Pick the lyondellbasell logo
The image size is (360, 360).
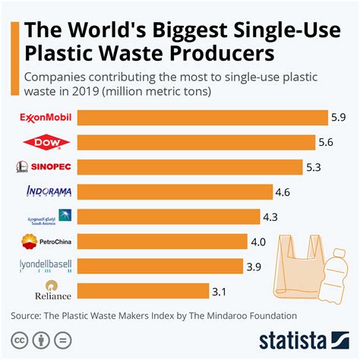(45, 266)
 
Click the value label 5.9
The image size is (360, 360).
(339, 118)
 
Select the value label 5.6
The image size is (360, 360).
(327, 142)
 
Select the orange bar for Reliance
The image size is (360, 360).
(144, 291)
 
